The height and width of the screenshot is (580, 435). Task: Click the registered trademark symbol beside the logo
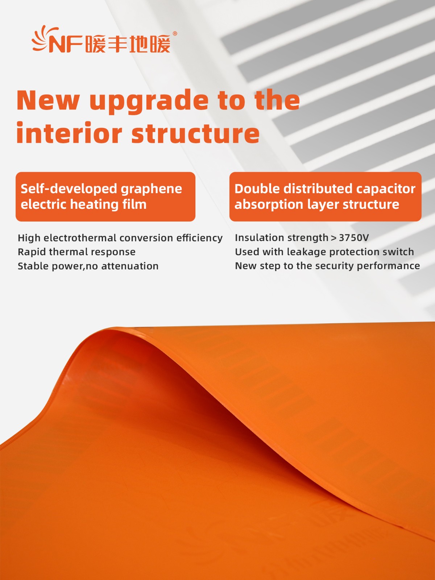coord(175,34)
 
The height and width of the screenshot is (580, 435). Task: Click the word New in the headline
coord(48,100)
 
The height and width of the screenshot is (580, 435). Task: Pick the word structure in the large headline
coord(195,133)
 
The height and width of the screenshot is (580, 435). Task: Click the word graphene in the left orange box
coord(151,190)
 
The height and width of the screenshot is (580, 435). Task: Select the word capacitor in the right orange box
coord(386,189)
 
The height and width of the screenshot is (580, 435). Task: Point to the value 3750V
coord(353,237)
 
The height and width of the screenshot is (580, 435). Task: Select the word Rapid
coord(32,252)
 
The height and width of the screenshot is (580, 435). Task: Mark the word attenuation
coord(130,266)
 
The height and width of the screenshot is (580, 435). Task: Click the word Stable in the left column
coord(33,266)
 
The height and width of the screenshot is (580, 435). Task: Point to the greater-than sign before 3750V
coord(333,238)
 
